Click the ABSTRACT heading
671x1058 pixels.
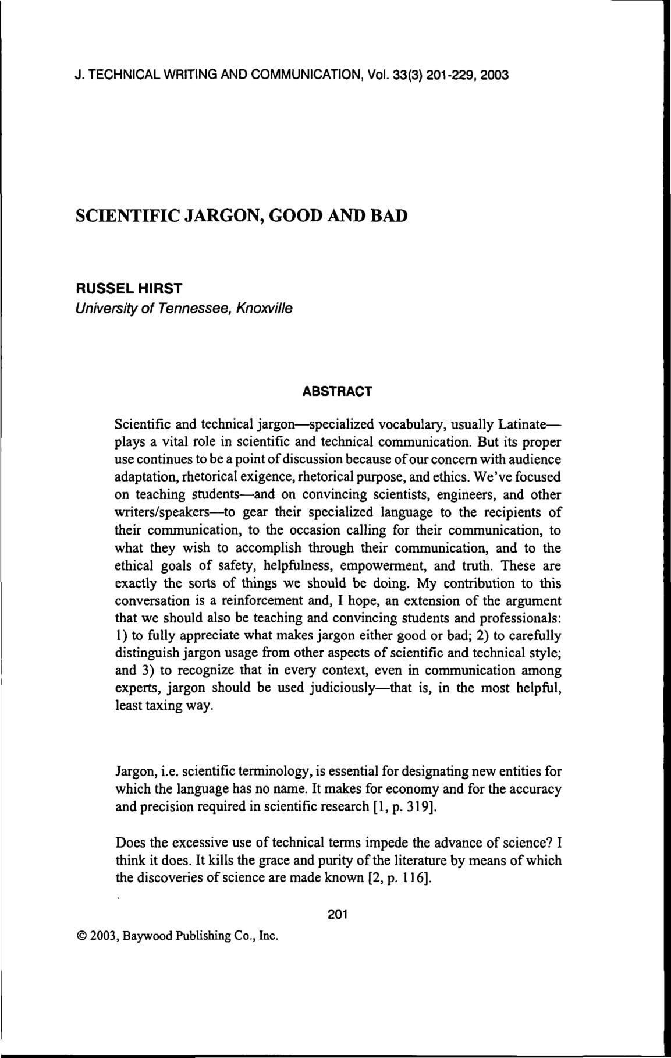pyautogui.click(x=337, y=392)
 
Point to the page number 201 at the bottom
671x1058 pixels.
pyautogui.click(x=338, y=914)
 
